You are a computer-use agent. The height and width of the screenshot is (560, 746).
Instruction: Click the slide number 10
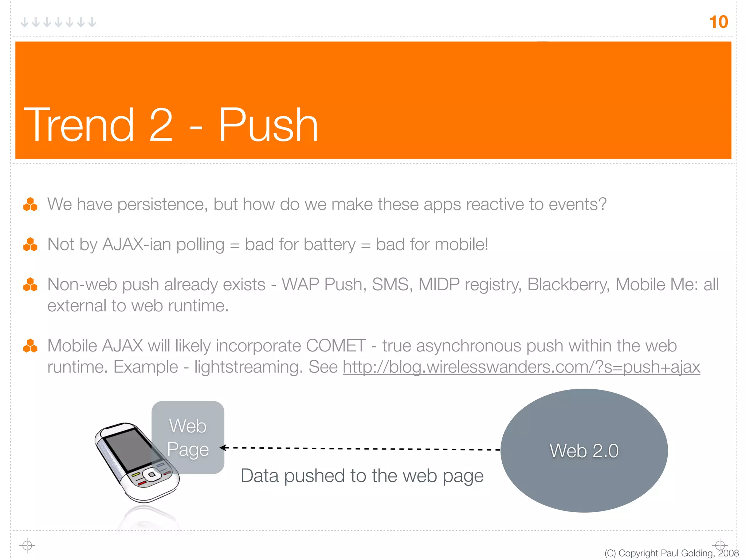pyautogui.click(x=718, y=22)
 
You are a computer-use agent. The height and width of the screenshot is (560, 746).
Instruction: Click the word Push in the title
pyautogui.click(x=268, y=125)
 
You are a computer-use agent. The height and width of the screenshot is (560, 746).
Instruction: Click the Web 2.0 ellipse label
pyautogui.click(x=584, y=451)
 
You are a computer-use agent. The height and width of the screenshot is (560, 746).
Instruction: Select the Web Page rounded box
pyautogui.click(x=188, y=437)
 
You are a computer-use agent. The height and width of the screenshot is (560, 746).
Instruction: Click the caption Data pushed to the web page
pyautogui.click(x=362, y=476)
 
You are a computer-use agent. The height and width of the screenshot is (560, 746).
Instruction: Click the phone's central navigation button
pyautogui.click(x=151, y=475)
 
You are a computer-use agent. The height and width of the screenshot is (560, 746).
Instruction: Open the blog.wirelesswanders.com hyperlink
pyautogui.click(x=521, y=367)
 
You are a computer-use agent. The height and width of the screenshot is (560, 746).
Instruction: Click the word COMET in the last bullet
pyautogui.click(x=335, y=346)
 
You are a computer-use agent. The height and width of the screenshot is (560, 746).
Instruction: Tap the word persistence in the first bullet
pyautogui.click(x=162, y=204)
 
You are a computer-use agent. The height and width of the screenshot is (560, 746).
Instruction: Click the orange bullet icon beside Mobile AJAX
pyautogui.click(x=30, y=346)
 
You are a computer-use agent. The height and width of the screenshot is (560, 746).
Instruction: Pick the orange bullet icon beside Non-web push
pyautogui.click(x=30, y=284)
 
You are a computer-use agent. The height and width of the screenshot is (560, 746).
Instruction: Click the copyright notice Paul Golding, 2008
pyautogui.click(x=671, y=553)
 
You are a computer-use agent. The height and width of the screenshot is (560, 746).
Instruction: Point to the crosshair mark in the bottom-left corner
pyautogui.click(x=27, y=545)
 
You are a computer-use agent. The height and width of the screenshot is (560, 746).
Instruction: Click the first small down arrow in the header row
pyautogui.click(x=24, y=22)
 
